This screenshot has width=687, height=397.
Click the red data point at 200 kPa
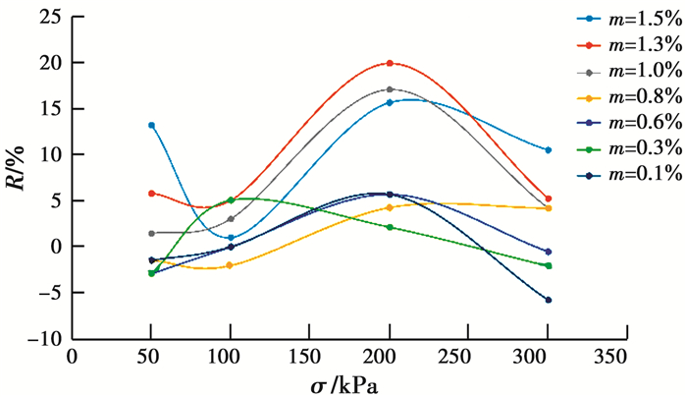390,63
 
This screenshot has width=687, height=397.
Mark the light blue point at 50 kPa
151,125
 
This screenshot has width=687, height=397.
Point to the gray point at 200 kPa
390,89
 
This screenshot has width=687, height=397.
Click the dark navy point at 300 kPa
548,300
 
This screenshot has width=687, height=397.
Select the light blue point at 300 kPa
548,150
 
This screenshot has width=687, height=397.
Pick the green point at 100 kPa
230,200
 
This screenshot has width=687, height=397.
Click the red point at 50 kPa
151,194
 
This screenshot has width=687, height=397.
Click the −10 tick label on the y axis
43,338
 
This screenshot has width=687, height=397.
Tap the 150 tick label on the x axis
309,354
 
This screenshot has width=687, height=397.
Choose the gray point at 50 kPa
151,233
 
